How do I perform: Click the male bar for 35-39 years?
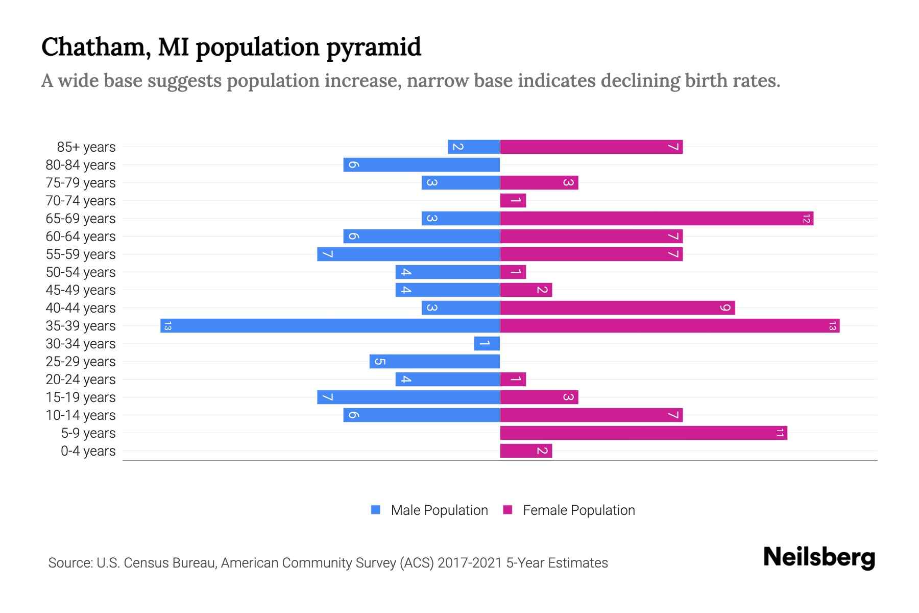click(x=330, y=325)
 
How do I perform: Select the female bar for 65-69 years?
click(x=656, y=218)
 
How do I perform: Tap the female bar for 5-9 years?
click(x=643, y=433)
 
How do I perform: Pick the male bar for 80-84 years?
click(x=421, y=164)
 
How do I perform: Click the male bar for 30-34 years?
click(x=487, y=343)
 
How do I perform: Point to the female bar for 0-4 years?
click(x=526, y=451)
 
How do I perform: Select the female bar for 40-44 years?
click(x=617, y=308)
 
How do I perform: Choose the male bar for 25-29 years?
click(x=434, y=361)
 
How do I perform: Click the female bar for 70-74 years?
click(x=513, y=200)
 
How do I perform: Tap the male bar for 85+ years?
click(x=474, y=147)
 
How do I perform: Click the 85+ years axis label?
click(x=86, y=147)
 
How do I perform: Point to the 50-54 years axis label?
click(x=81, y=272)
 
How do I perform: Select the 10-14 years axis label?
click(x=81, y=415)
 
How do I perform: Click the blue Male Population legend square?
click(x=376, y=510)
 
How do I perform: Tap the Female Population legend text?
click(x=578, y=510)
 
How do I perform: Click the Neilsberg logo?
click(x=819, y=557)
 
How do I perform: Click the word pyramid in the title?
click(x=373, y=48)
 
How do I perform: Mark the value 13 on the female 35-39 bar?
click(x=832, y=325)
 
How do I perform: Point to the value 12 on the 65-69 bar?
click(x=806, y=219)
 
